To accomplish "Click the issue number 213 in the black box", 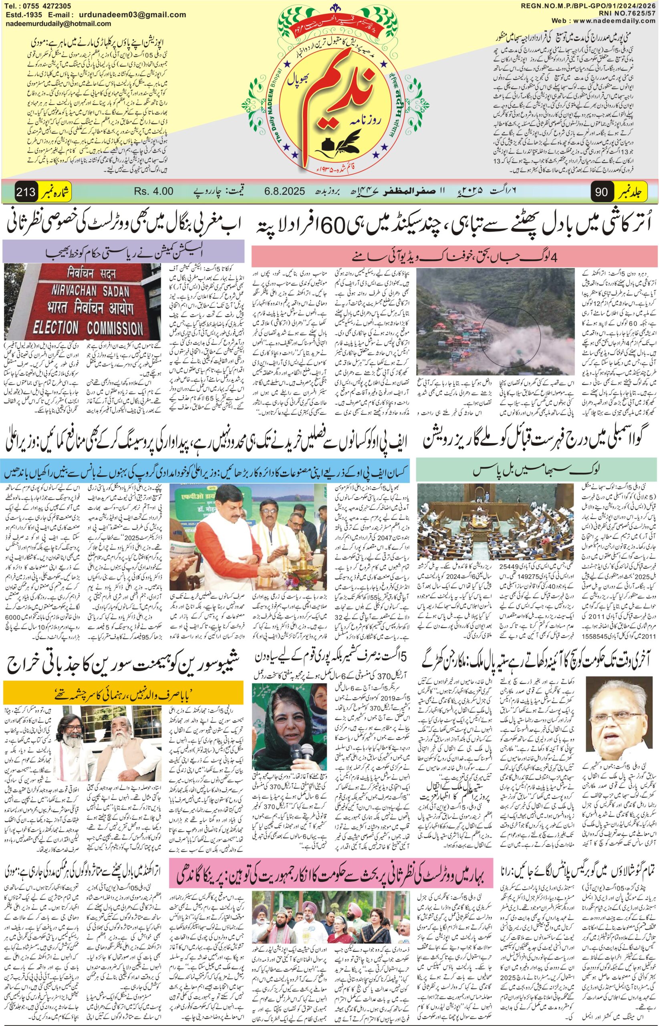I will pyautogui.click(x=26, y=190).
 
